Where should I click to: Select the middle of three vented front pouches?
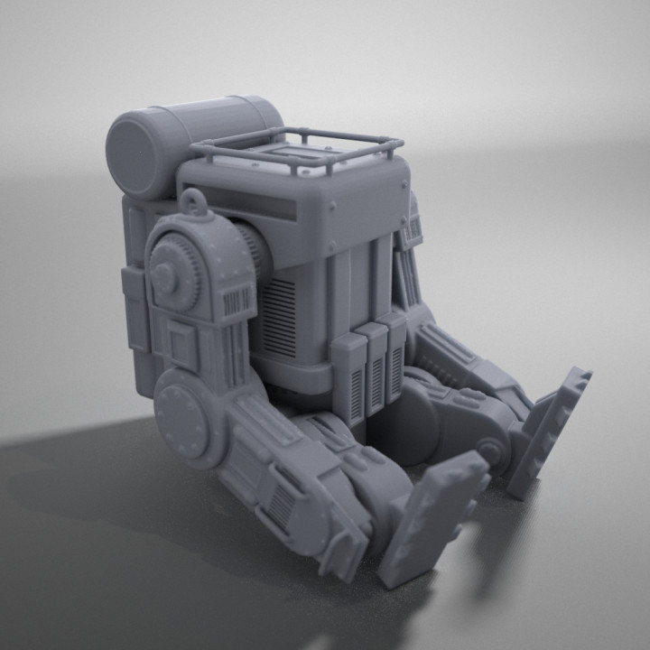pyautogui.click(x=374, y=367)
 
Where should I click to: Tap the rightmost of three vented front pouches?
pyautogui.click(x=395, y=357)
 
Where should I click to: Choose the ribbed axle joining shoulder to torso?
pyautogui.click(x=254, y=252)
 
